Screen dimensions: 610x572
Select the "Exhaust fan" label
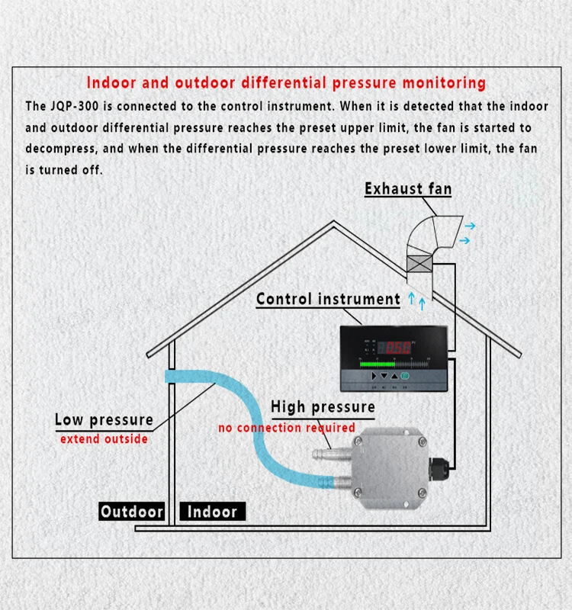click(408, 188)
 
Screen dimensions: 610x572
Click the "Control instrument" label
click(328, 299)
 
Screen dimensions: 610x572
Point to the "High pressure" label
click(323, 407)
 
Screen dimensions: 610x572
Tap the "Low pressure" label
click(104, 419)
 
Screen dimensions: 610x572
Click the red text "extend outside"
click(104, 439)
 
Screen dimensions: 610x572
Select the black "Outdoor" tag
click(132, 512)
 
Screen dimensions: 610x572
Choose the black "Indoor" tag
click(212, 512)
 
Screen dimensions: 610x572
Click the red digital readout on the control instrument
click(397, 348)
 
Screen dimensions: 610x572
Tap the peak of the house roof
click(334, 223)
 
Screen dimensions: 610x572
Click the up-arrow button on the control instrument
click(394, 377)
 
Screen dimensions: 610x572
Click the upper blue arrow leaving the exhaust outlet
click(471, 226)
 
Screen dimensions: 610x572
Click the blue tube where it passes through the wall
click(172, 377)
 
